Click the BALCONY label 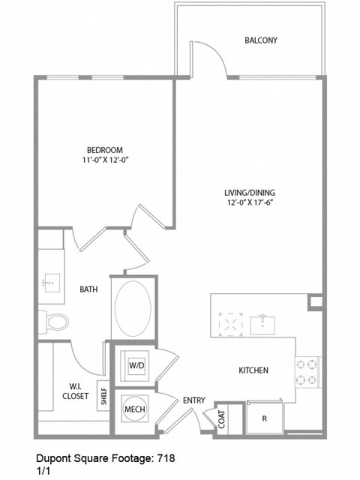(x=261, y=40)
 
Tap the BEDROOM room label (x=103, y=150)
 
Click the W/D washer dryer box (x=136, y=366)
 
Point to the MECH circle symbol (x=135, y=409)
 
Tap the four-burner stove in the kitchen (x=307, y=373)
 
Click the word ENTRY (x=193, y=401)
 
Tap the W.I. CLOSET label (x=74, y=391)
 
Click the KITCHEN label (x=253, y=370)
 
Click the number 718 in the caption (x=166, y=457)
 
